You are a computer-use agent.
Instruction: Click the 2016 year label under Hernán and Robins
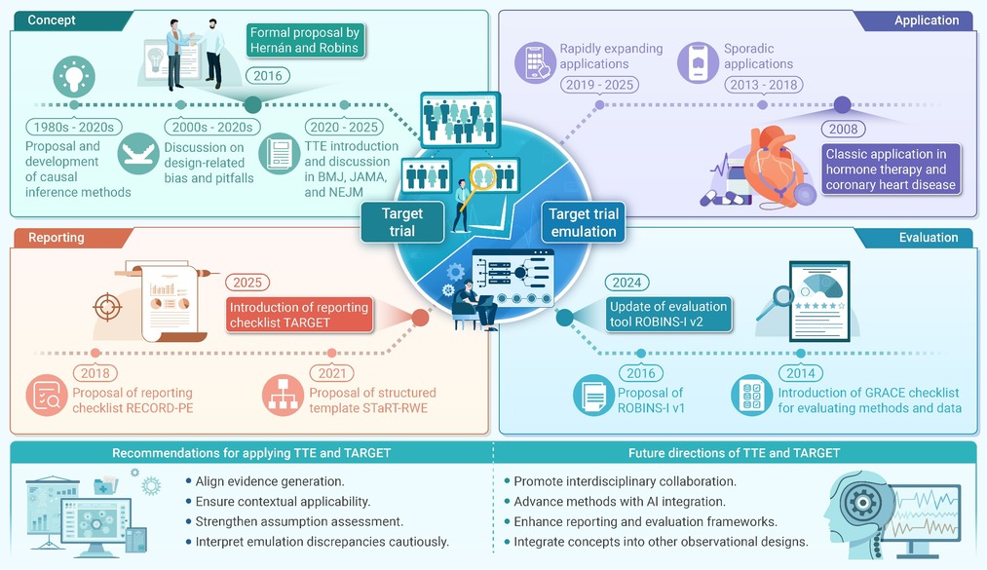[x=268, y=76]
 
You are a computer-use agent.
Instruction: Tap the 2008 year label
[x=843, y=129]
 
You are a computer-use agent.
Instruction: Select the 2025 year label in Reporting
[x=247, y=283]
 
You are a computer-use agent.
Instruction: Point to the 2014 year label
[x=801, y=373]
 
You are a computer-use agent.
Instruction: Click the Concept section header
[x=52, y=20]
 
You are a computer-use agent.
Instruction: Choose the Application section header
[x=926, y=20]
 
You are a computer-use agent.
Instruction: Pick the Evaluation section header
[x=928, y=237]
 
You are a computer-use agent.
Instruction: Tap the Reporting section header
[x=57, y=237]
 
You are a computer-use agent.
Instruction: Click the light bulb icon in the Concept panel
[x=74, y=77]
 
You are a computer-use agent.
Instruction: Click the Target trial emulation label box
[x=584, y=223]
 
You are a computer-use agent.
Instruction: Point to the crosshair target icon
[x=107, y=307]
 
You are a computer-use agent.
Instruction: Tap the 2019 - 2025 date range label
[x=599, y=85]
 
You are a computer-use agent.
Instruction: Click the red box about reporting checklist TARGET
[x=299, y=315]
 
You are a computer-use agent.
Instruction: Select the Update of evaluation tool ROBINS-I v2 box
[x=668, y=314]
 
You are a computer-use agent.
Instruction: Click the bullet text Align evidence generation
[x=270, y=481]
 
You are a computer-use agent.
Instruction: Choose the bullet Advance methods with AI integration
[x=620, y=502]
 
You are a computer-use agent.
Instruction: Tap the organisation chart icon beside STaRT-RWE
[x=283, y=395]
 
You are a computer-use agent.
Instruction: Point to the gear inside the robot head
[x=862, y=503]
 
